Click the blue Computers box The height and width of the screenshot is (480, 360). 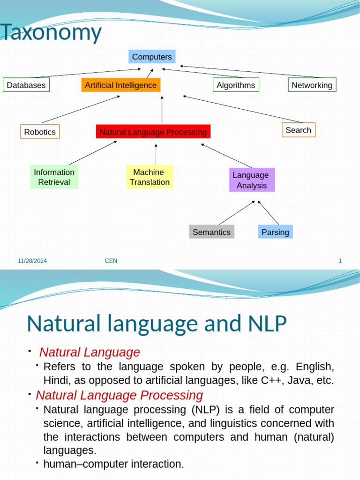click(152, 57)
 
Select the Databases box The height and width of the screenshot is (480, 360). click(26, 85)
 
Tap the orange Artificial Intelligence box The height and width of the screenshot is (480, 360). click(120, 85)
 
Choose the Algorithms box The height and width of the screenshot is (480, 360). click(236, 85)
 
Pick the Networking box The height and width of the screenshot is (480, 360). click(312, 85)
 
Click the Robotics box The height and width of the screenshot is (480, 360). click(40, 132)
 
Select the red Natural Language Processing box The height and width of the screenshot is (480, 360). click(153, 132)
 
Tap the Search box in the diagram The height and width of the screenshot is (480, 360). click(298, 130)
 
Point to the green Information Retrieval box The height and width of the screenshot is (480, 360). click(54, 177)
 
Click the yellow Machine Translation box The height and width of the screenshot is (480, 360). click(150, 177)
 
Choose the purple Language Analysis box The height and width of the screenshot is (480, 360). click(252, 180)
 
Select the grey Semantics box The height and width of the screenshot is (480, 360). click(211, 232)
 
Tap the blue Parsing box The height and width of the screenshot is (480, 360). click(275, 232)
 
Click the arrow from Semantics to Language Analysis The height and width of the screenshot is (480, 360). click(237, 213)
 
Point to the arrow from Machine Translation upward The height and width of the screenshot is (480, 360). click(156, 154)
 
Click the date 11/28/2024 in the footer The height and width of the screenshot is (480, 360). click(32, 261)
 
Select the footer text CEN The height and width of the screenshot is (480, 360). click(111, 261)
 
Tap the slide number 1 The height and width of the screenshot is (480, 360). click(340, 261)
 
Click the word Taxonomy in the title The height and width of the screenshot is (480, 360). click(51, 33)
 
